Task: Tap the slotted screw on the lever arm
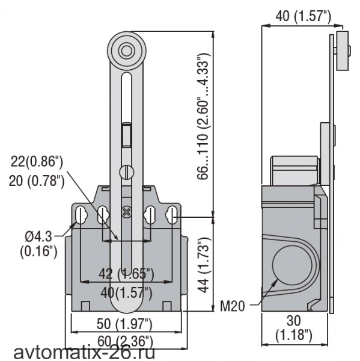pos(127,172)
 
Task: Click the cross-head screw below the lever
pos(126,212)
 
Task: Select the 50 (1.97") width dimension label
pos(124,324)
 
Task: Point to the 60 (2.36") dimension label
pos(125,341)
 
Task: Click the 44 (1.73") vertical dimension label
pos(204,265)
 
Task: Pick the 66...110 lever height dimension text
pos(203,116)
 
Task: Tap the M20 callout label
pos(233,306)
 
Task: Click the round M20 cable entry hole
pos(292,265)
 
